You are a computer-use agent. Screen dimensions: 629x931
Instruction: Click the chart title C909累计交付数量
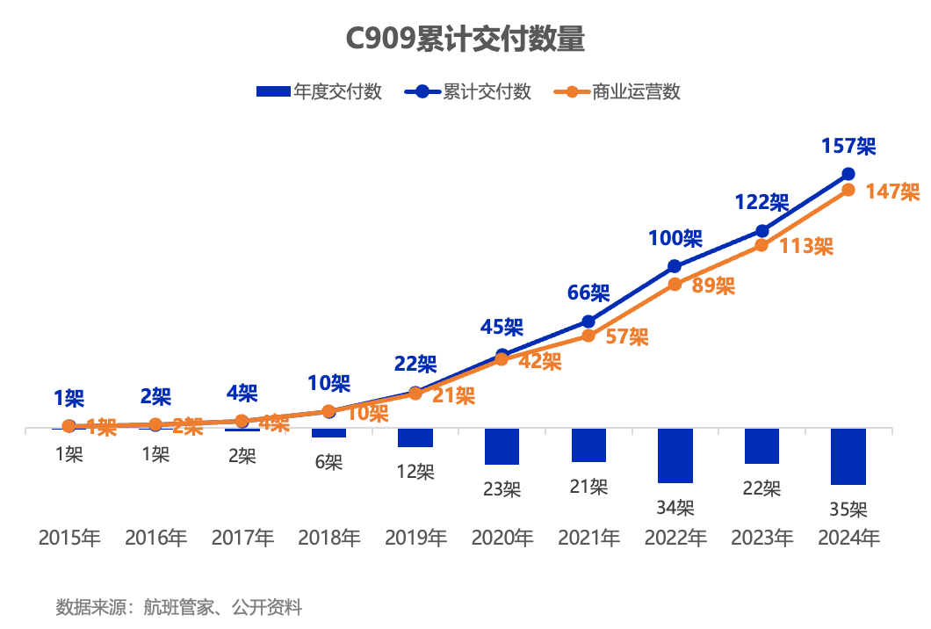coord(465,40)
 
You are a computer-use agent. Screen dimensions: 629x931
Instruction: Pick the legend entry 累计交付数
coord(469,91)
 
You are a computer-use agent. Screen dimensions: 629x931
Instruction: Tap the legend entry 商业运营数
coord(619,91)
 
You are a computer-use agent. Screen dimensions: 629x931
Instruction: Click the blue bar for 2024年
coord(848,457)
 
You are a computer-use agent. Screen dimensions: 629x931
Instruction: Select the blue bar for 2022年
coord(675,456)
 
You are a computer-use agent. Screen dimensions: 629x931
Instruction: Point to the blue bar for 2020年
coord(502,447)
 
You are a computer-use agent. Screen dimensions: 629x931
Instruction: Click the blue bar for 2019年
coord(415,438)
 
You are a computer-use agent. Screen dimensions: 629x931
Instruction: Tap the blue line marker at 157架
coord(848,174)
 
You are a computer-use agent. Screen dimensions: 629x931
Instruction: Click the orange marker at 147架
coord(848,190)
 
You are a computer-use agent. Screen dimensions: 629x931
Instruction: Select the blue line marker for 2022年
coord(675,266)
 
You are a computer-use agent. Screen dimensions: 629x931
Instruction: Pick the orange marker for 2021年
coord(588,336)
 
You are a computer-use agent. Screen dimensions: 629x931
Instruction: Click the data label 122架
coord(761,202)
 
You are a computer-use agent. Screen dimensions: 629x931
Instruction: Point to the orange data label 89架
coord(713,286)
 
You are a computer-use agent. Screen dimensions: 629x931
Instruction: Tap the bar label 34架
coord(675,507)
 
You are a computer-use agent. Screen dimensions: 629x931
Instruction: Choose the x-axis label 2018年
coord(329,538)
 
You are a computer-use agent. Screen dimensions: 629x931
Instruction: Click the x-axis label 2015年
coord(69,538)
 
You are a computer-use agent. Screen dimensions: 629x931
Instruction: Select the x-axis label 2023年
coord(762,538)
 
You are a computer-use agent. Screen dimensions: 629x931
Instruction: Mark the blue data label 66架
coord(588,293)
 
